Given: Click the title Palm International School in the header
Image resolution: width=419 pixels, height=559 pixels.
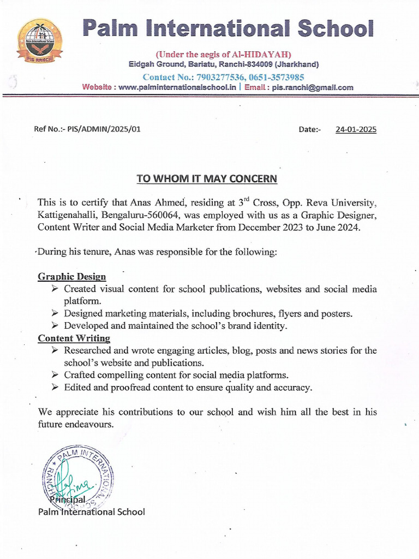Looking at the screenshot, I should tap(228, 28).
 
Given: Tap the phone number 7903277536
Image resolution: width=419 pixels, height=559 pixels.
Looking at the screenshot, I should tap(218, 77).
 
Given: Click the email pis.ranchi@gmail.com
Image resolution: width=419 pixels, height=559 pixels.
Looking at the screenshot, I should tap(313, 87).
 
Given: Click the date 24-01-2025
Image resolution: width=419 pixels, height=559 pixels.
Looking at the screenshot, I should tap(356, 130).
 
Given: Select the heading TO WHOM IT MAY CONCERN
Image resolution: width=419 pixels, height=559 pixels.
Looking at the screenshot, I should tap(207, 179).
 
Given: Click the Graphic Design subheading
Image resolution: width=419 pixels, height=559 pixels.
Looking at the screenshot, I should tap(72, 277).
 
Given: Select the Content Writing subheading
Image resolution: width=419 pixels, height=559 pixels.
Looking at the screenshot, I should tap(74, 338).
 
